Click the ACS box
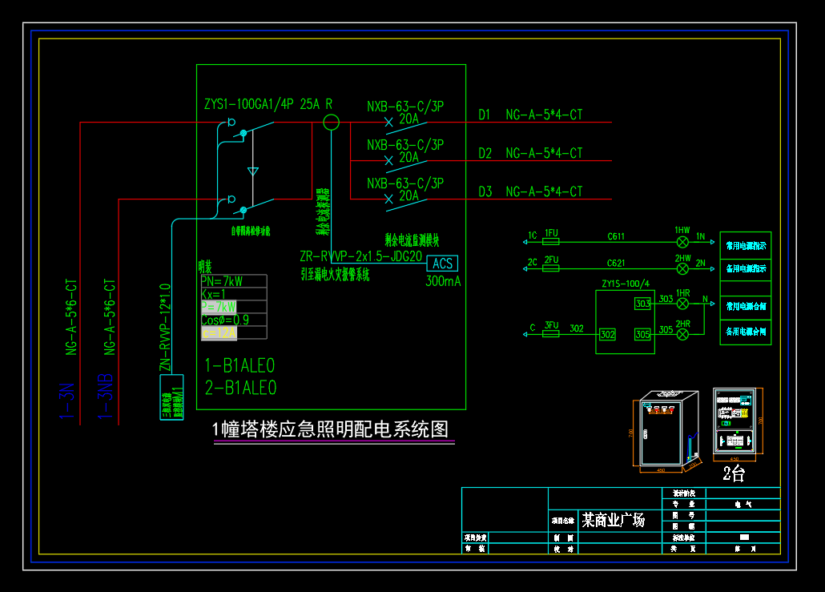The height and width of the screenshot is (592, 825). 443,264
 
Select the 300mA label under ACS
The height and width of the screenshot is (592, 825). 443,281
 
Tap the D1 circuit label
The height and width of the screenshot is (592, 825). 485,115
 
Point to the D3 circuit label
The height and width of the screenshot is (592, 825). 485,191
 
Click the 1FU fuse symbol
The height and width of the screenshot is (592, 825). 550,241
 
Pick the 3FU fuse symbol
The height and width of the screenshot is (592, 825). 550,333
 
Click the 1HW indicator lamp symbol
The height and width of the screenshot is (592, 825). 682,241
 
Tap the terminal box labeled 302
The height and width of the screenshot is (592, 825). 607,334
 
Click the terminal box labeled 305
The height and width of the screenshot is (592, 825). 642,334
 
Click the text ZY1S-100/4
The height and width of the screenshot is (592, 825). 625,284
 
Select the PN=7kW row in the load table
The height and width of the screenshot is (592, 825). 222,281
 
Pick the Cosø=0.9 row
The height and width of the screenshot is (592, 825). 224,320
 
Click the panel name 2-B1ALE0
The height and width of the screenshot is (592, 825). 240,389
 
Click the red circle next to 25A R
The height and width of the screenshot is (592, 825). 331,123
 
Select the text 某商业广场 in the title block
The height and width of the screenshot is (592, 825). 613,520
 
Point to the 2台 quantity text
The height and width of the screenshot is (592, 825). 734,473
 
